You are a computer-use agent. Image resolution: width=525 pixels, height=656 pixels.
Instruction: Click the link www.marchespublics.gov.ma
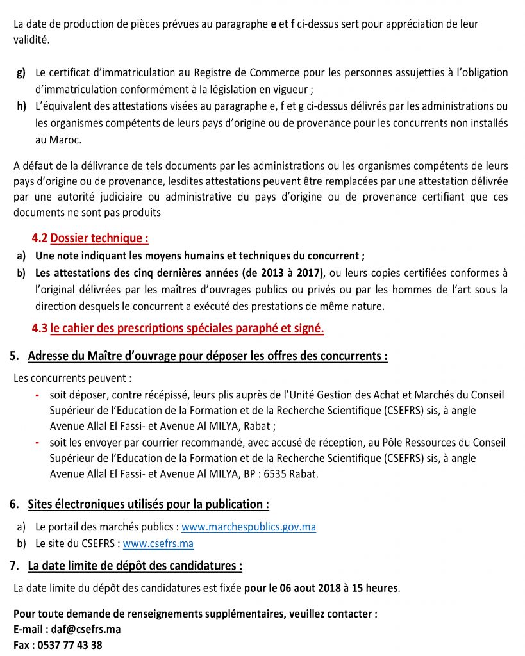coord(249,527)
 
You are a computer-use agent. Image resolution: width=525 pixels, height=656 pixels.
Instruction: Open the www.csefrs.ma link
coord(158,543)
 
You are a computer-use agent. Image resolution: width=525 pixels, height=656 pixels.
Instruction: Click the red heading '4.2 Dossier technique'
coord(90,238)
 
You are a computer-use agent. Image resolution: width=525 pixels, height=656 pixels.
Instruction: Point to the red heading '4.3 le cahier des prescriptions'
coord(178,329)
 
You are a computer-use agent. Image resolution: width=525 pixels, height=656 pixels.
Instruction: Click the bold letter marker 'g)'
coord(21,73)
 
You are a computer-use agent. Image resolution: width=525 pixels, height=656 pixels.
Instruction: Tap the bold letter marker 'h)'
coord(21,106)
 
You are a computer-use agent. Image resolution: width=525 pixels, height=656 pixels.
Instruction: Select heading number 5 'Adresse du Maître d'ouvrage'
coord(199,356)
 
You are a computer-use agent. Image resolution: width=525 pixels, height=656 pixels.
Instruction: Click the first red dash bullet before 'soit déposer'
coord(37,395)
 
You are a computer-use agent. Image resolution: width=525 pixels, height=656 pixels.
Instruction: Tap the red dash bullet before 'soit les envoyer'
coord(37,443)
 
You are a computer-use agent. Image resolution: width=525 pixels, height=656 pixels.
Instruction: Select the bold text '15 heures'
coord(377,587)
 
